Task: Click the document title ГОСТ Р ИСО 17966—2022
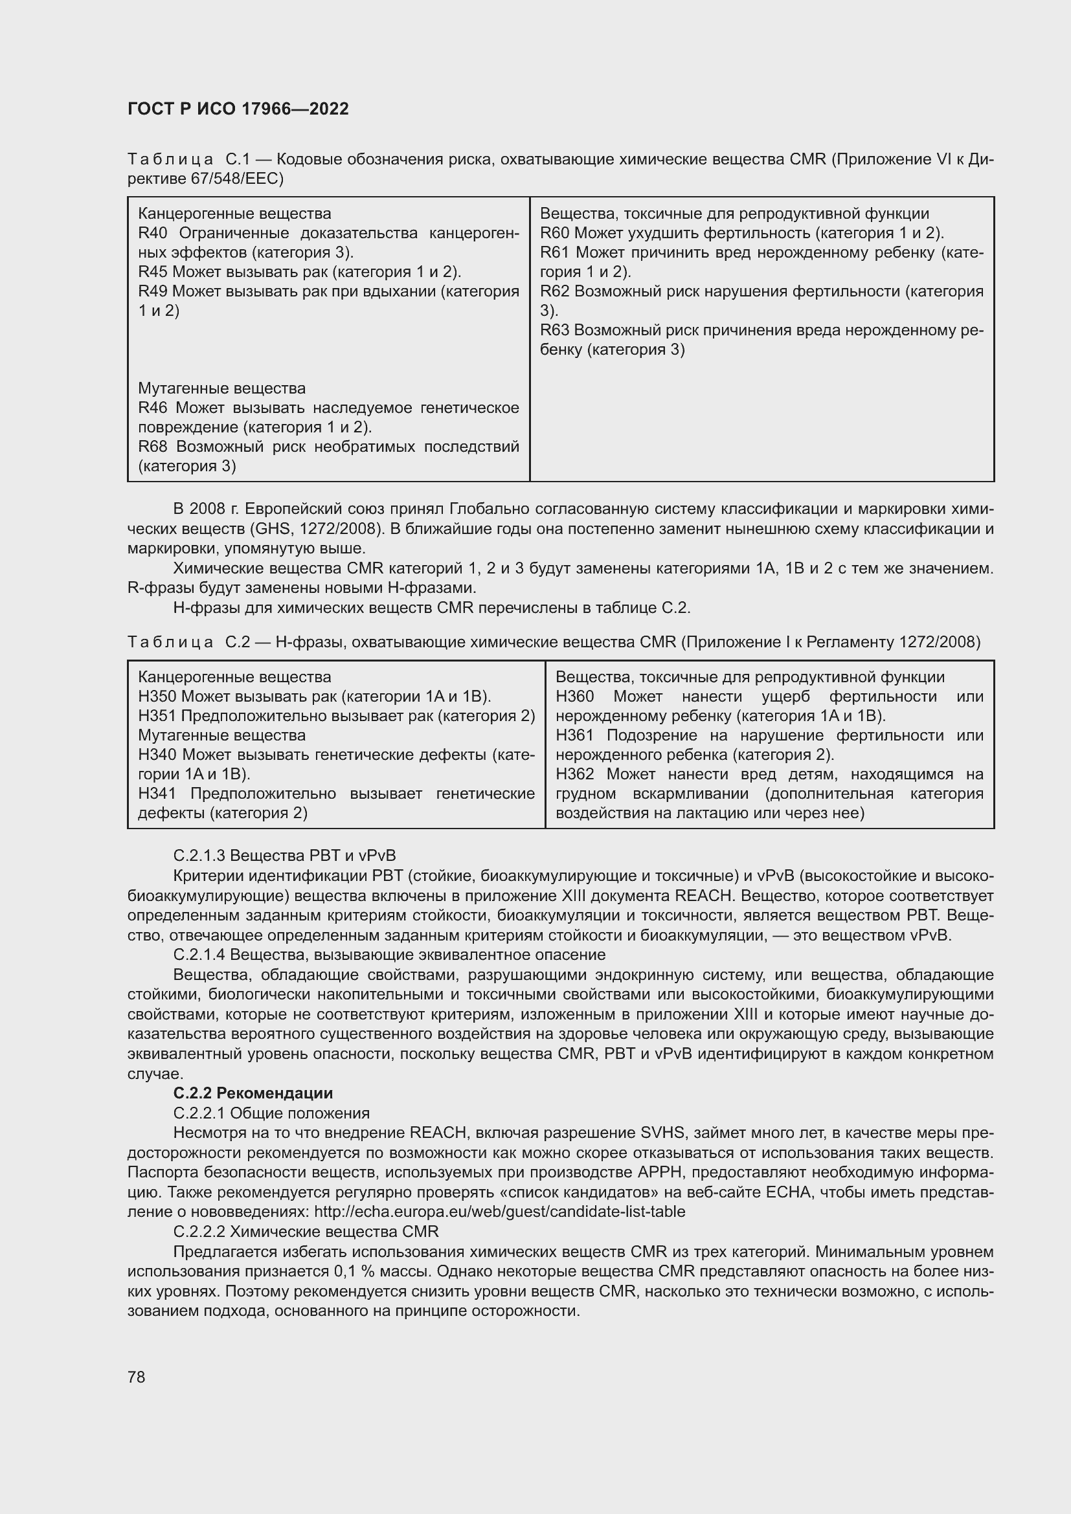point(238,109)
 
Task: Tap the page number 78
point(137,1377)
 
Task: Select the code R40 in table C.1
point(153,234)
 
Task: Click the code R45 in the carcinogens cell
point(153,273)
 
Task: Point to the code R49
point(153,291)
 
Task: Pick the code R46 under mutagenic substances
point(153,408)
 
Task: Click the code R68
point(153,447)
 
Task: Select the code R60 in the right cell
point(555,234)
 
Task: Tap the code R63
point(555,330)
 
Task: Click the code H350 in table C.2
point(157,697)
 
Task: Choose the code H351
point(157,716)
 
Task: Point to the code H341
point(157,794)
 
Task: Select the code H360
point(574,697)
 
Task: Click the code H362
point(574,774)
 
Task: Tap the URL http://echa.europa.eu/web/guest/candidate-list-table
point(500,1212)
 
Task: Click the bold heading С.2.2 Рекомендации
point(253,1093)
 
